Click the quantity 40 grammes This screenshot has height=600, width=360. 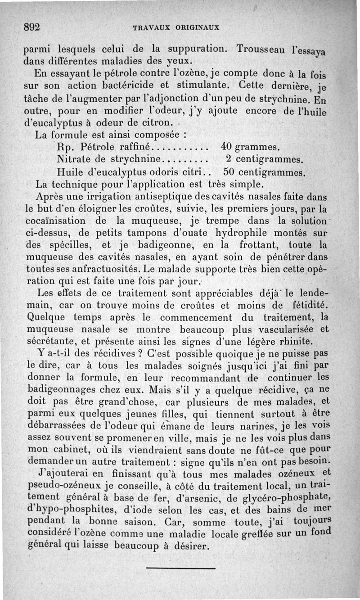pos(251,147)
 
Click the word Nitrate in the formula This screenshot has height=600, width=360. pos(74,159)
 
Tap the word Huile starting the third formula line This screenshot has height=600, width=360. pos(70,172)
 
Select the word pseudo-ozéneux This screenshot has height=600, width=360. pos(62,486)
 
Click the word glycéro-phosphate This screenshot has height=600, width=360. pos(282,498)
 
